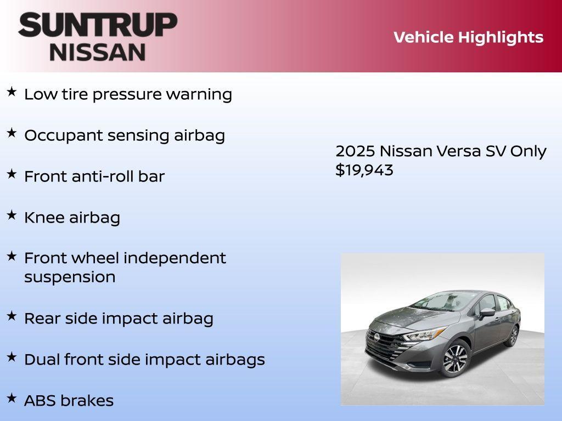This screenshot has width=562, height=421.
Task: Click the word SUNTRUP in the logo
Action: tap(98, 25)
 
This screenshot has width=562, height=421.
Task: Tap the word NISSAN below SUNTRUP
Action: tap(98, 52)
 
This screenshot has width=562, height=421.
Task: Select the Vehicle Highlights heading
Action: tap(468, 37)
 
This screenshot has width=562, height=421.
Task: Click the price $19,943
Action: tap(364, 170)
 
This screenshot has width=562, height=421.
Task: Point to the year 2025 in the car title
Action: tap(355, 151)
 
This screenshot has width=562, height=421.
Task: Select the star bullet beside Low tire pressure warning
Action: tap(12, 92)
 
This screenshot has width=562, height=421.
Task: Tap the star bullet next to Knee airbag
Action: tap(12, 215)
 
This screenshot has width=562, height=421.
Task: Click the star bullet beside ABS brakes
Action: tap(12, 398)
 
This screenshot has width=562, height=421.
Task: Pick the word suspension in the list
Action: tap(70, 277)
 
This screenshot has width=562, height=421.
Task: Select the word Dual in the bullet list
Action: tap(42, 360)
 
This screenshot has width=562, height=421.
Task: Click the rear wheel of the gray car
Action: tap(513, 335)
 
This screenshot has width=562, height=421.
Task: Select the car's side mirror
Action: tap(486, 312)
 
